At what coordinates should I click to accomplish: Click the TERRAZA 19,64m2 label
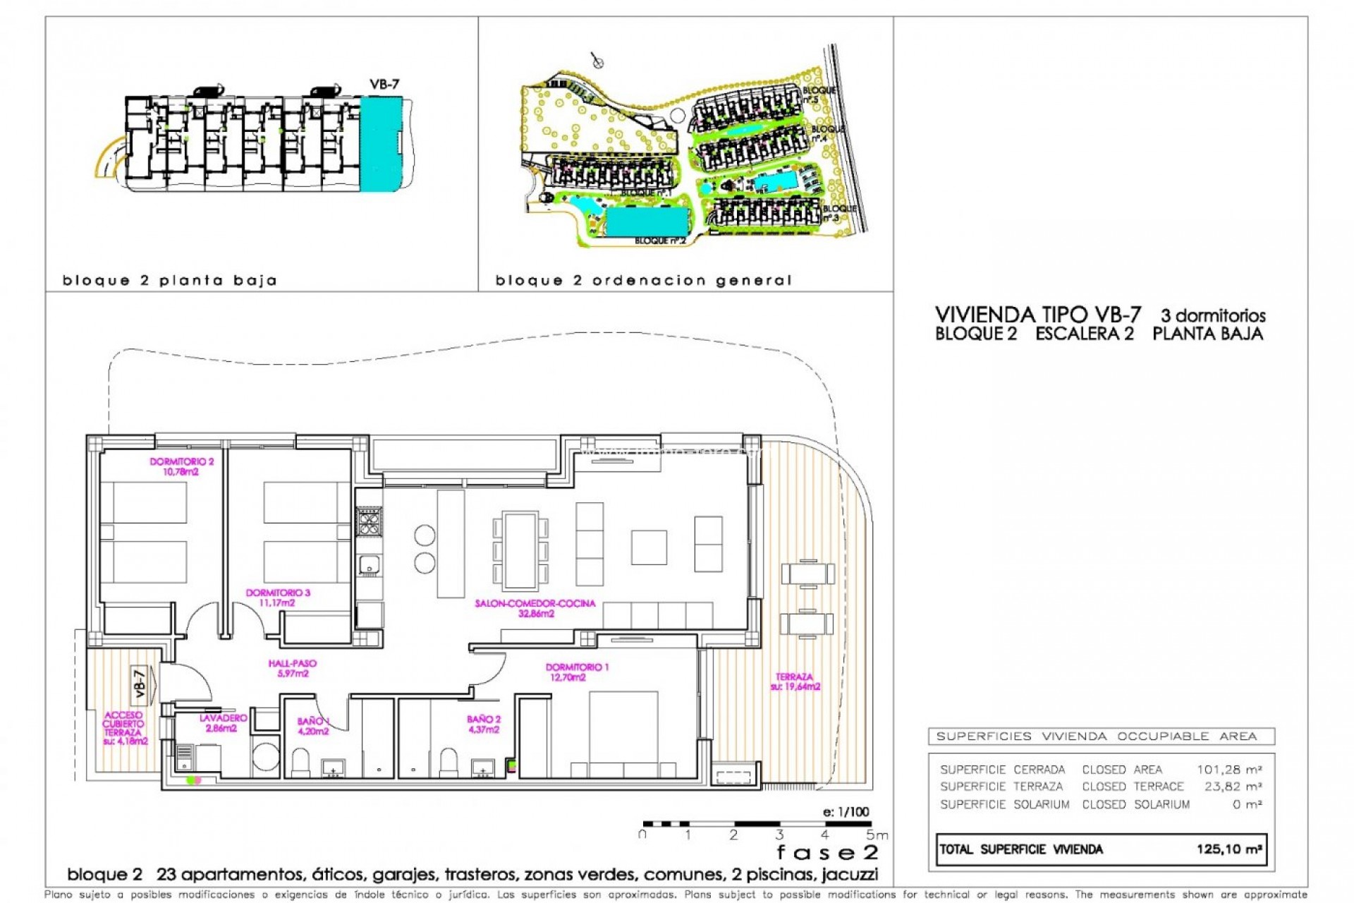coord(795,681)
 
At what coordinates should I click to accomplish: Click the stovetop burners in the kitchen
coord(369,522)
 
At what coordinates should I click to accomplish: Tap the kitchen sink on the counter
coord(369,564)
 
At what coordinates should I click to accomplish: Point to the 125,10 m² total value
coord(1228,849)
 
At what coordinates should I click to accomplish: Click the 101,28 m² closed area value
coord(1228,770)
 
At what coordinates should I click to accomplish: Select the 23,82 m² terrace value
coord(1233,787)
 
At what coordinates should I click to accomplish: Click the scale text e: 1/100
coord(846,812)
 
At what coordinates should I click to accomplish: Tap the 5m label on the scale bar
coord(876,835)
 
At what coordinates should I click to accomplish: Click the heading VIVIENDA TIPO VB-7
coord(1037,315)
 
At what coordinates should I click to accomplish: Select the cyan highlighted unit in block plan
coord(380,144)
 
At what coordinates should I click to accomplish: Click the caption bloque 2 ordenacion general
coord(643,281)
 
